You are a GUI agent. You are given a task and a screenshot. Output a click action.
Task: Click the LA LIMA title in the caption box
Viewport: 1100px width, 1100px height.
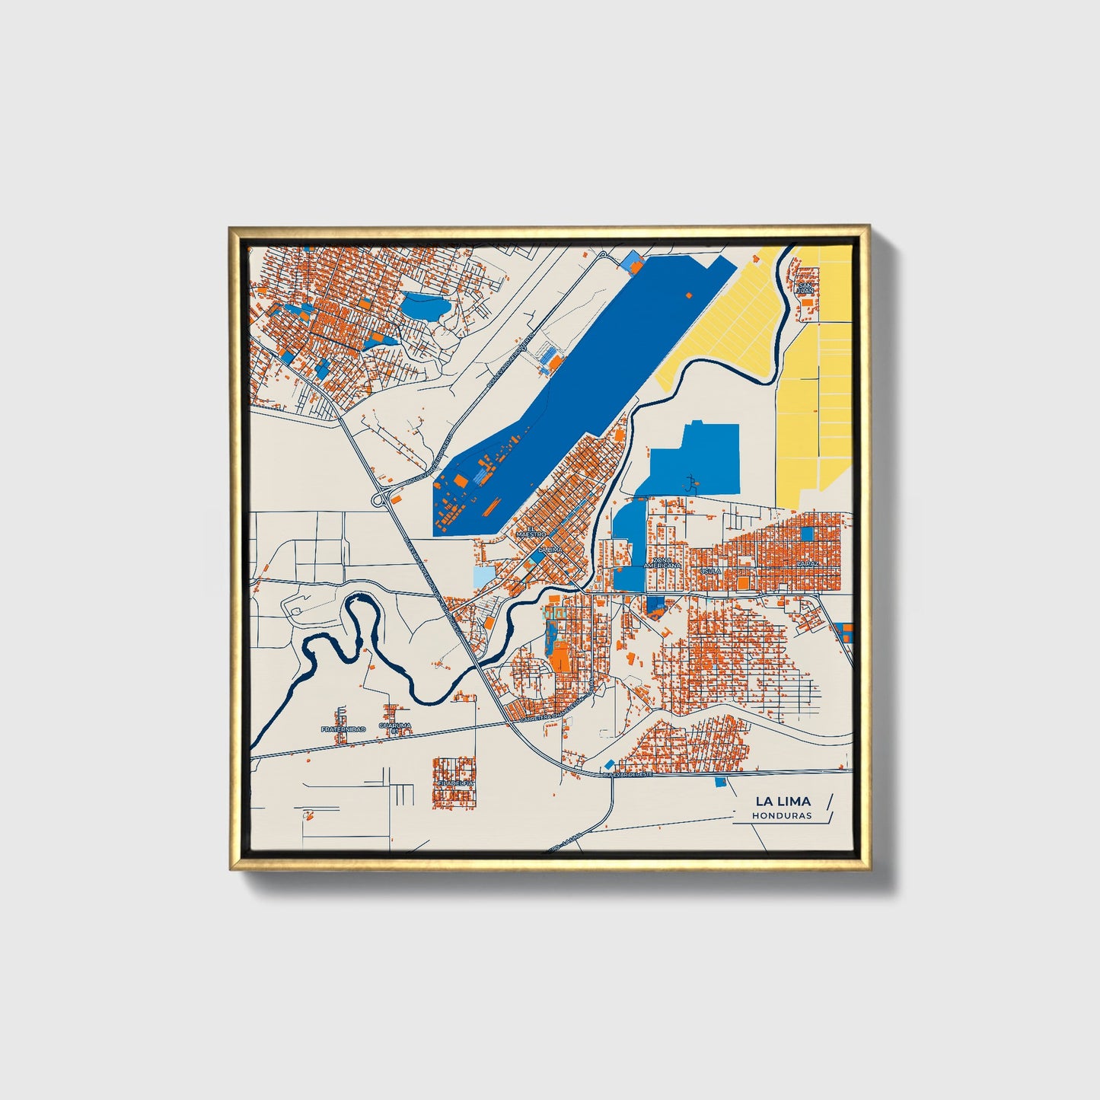click(783, 801)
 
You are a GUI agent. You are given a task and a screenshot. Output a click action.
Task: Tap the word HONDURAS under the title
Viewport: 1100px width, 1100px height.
click(781, 815)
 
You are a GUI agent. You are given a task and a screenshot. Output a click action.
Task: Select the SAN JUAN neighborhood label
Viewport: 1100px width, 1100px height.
click(805, 287)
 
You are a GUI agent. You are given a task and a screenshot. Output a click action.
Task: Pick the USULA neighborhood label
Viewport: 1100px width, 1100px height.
click(710, 570)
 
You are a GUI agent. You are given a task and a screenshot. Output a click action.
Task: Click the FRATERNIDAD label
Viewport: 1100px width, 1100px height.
click(343, 729)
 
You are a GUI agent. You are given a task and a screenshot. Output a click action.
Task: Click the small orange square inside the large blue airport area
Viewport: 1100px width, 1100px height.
click(690, 294)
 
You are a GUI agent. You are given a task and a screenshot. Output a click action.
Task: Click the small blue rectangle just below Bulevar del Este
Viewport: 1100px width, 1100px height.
click(720, 782)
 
